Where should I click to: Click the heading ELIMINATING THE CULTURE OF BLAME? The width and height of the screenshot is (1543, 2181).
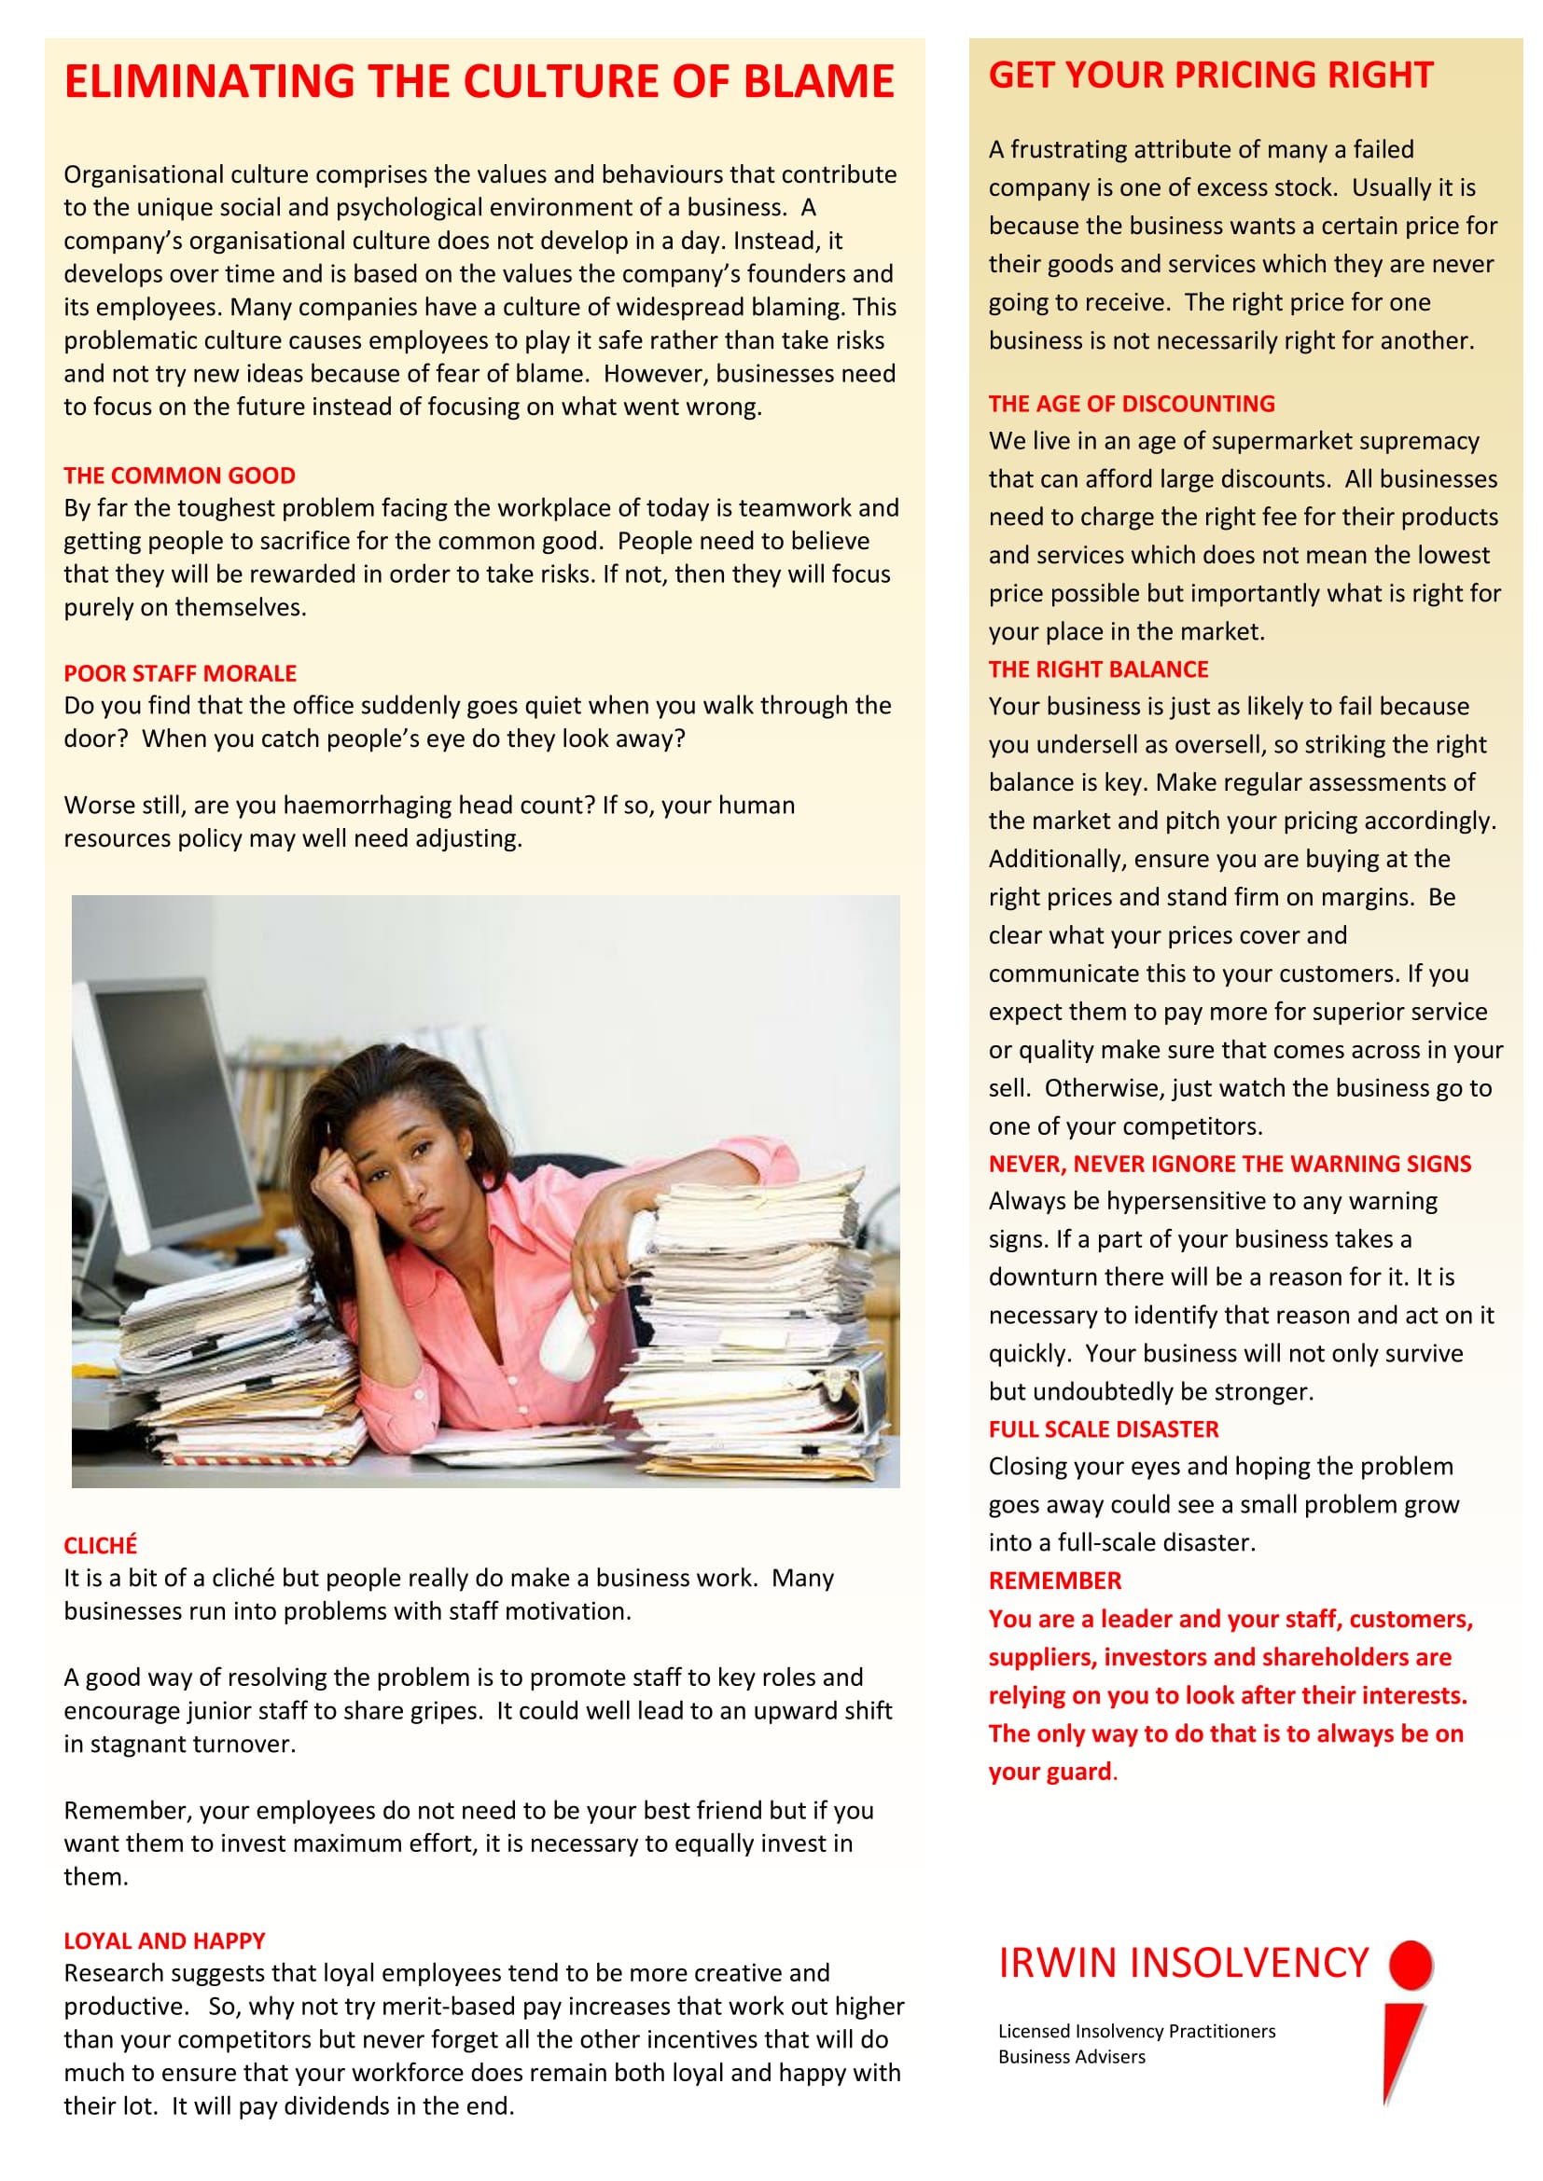(479, 82)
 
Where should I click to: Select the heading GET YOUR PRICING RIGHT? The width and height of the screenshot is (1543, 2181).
(1211, 75)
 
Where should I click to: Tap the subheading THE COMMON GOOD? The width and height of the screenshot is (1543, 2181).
(179, 475)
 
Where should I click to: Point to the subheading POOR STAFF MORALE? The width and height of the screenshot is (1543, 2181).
(181, 672)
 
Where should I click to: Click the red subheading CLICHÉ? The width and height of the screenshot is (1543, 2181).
(101, 1544)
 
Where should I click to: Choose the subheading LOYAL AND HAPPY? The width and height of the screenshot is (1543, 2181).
(164, 1939)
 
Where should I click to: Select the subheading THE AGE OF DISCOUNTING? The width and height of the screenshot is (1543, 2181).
(1132, 404)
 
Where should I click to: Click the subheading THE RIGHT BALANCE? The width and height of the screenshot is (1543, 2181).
(1098, 669)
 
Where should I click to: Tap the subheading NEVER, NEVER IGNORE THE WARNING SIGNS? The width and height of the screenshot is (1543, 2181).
(1230, 1164)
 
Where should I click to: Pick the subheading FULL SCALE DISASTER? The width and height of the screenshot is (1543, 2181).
(1103, 1429)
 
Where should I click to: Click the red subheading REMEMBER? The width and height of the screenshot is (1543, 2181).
(1055, 1581)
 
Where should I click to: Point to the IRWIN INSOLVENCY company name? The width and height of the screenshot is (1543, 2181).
(1183, 1963)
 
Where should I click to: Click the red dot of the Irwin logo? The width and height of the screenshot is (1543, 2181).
(1411, 1964)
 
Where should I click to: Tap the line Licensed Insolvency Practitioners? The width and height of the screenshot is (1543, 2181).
(1136, 2031)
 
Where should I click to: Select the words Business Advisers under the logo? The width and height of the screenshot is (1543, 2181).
(1072, 2057)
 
